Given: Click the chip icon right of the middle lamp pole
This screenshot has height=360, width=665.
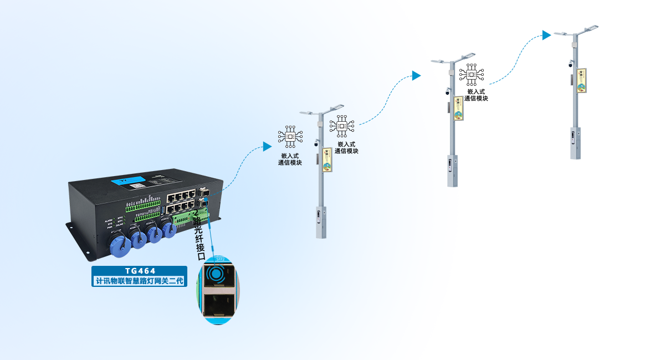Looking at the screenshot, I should click(x=341, y=126).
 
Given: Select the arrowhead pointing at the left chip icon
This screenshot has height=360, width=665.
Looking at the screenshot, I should click(x=267, y=146).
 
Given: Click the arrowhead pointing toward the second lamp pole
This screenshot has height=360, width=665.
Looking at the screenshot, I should click(x=416, y=76).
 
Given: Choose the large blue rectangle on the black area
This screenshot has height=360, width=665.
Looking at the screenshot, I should click(x=515, y=60).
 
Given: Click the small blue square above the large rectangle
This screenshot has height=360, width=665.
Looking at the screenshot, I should click(x=547, y=35).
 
